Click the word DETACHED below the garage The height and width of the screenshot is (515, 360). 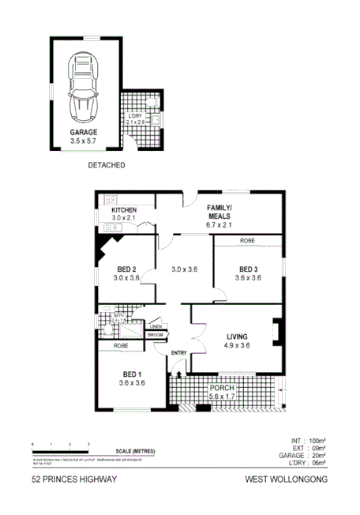pos(106,167)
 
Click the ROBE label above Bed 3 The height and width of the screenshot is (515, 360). pos(247,239)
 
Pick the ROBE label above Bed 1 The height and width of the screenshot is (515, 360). pos(120,345)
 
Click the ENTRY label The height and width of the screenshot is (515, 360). pos(179,353)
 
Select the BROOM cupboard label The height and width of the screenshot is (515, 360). pos(156,335)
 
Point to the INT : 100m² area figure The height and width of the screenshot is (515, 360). pos(308,440)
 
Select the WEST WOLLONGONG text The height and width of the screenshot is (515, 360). pos(286,479)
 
